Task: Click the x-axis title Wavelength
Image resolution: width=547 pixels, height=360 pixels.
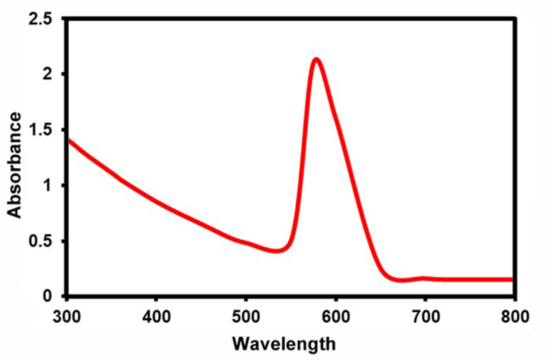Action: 284,343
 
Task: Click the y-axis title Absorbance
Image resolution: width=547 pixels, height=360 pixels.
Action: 14,165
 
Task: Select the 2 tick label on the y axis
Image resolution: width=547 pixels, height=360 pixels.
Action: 53,75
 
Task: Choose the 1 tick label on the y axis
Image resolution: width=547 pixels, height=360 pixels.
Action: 53,186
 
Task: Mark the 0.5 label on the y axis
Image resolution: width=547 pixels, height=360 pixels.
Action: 45,241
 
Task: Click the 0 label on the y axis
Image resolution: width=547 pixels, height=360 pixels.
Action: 53,297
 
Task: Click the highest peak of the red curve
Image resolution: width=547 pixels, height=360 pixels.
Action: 316,59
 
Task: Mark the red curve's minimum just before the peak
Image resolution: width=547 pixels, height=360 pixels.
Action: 275,251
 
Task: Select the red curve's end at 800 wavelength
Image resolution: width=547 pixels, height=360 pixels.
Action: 512,279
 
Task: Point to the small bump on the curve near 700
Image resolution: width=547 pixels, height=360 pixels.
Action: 423,278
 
